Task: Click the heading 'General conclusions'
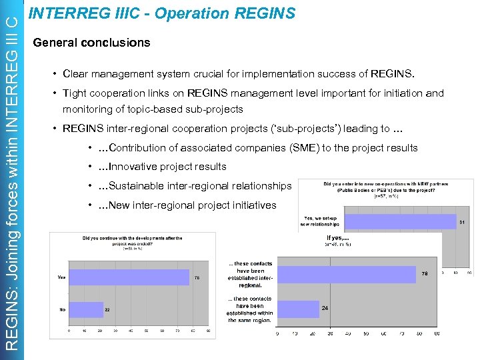click(x=91, y=43)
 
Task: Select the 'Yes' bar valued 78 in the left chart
click(x=129, y=277)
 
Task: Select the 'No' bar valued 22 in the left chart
click(x=86, y=309)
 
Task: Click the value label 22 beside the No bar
click(x=107, y=309)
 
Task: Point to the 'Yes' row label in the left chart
click(x=61, y=277)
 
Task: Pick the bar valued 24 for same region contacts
click(x=297, y=308)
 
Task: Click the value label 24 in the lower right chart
click(x=325, y=308)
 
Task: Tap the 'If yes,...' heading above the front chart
click(x=339, y=238)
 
